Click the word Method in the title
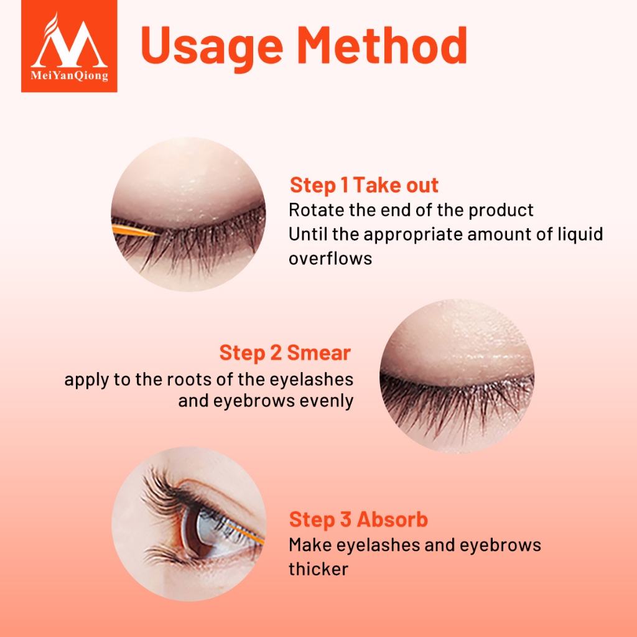[383, 45]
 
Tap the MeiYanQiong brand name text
[70, 75]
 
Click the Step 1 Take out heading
[364, 185]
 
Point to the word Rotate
[315, 210]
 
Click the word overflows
[330, 258]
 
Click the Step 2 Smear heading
[285, 353]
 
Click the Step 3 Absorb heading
[358, 519]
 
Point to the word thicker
[318, 569]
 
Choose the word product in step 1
[501, 211]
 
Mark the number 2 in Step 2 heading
[276, 353]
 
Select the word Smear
[319, 353]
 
